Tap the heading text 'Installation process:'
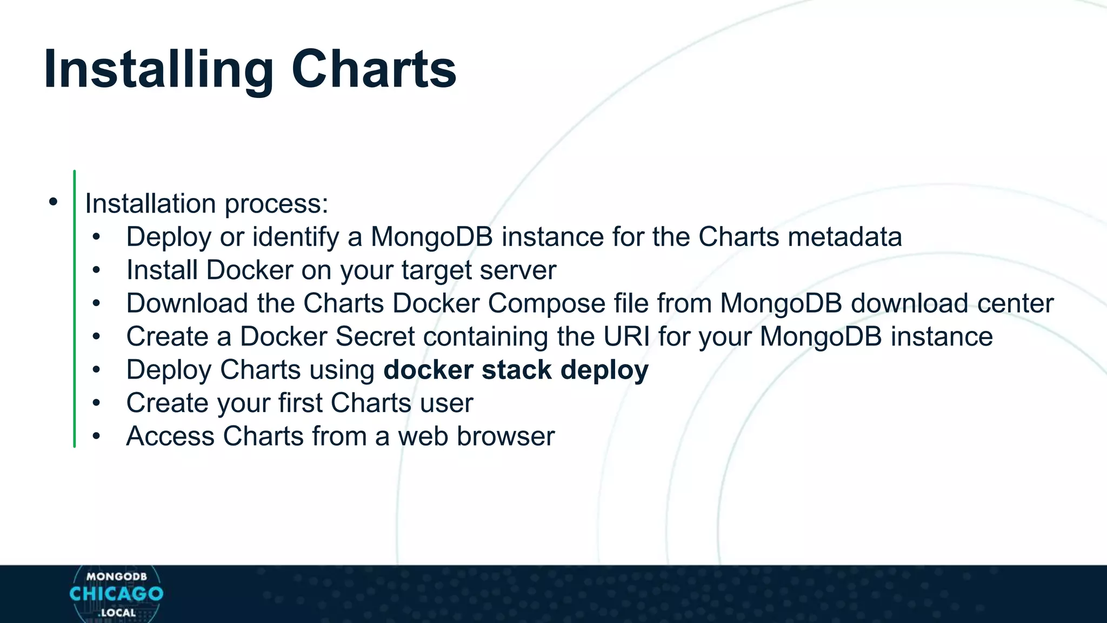point(206,204)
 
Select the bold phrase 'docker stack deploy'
point(516,370)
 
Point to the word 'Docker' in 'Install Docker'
point(249,270)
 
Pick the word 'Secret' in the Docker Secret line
point(375,336)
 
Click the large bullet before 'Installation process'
point(52,202)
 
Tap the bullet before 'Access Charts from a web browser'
point(96,436)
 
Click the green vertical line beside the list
point(74,308)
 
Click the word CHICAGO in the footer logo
point(116,594)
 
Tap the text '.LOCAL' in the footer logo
point(117,613)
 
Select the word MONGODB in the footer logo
point(116,576)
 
